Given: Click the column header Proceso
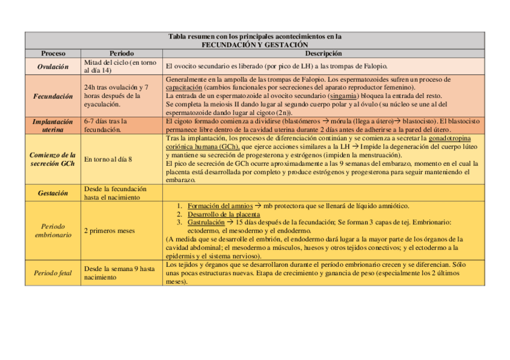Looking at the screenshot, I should pos(53,53).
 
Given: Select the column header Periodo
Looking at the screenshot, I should pos(121,53).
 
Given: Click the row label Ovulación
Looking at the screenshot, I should pos(53,66).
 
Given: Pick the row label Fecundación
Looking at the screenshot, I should pos(53,96).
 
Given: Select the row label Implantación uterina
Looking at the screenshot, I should pos(53,125).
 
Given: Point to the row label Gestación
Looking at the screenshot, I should pos(53,193).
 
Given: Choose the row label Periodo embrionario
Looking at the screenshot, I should pos(53,230).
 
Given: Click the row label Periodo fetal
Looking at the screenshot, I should pos(53,273).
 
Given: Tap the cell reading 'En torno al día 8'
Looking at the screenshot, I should pos(108,159).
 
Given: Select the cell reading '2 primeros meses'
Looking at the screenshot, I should pos(109,230).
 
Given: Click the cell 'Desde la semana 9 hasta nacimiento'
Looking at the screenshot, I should pos(120,273).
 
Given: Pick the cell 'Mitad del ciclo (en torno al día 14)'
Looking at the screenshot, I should pos(120,66).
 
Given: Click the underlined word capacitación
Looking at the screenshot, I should pos(186,87).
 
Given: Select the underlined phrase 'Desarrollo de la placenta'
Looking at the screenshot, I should pos(224,214).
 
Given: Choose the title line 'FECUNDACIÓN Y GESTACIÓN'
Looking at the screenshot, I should pos(254,44).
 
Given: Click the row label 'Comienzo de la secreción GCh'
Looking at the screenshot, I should pos(53,159).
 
